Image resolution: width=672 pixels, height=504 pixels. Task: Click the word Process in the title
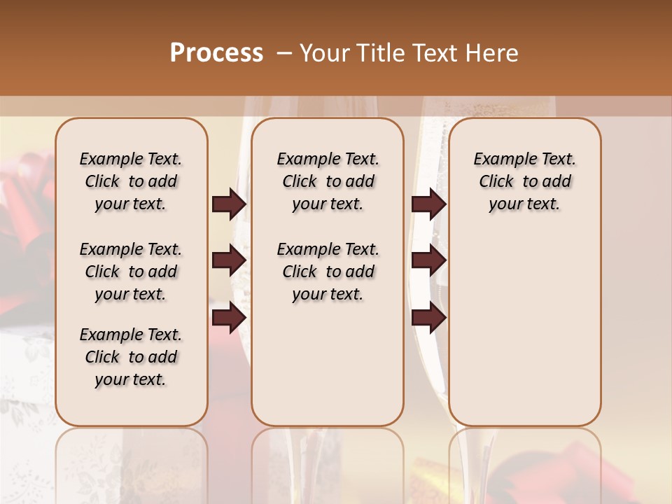pos(216,53)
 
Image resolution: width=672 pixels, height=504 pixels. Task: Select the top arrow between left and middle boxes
pos(229,204)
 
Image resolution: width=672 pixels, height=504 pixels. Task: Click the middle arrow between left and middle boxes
pos(229,260)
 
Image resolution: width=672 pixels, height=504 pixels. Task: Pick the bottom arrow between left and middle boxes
pos(229,318)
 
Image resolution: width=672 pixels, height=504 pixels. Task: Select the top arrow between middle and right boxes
pos(428,204)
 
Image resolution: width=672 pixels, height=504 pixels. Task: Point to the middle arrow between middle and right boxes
pos(428,260)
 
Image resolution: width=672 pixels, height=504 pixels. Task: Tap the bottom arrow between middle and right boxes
pos(428,318)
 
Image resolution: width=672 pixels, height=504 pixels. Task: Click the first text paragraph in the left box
pos(131,181)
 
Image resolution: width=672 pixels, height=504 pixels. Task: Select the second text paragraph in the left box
pos(131,272)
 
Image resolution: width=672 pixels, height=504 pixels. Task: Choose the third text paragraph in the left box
pos(131,357)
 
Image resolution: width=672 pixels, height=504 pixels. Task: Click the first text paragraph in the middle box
pos(328,181)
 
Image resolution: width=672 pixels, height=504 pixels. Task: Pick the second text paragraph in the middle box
pos(328,272)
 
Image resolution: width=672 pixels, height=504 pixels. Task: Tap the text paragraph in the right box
pos(524,181)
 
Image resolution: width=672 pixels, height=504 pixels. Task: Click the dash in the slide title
pos(284,53)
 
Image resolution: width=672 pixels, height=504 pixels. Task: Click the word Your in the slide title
pos(325,53)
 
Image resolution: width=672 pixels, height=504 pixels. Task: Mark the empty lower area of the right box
pos(524,329)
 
